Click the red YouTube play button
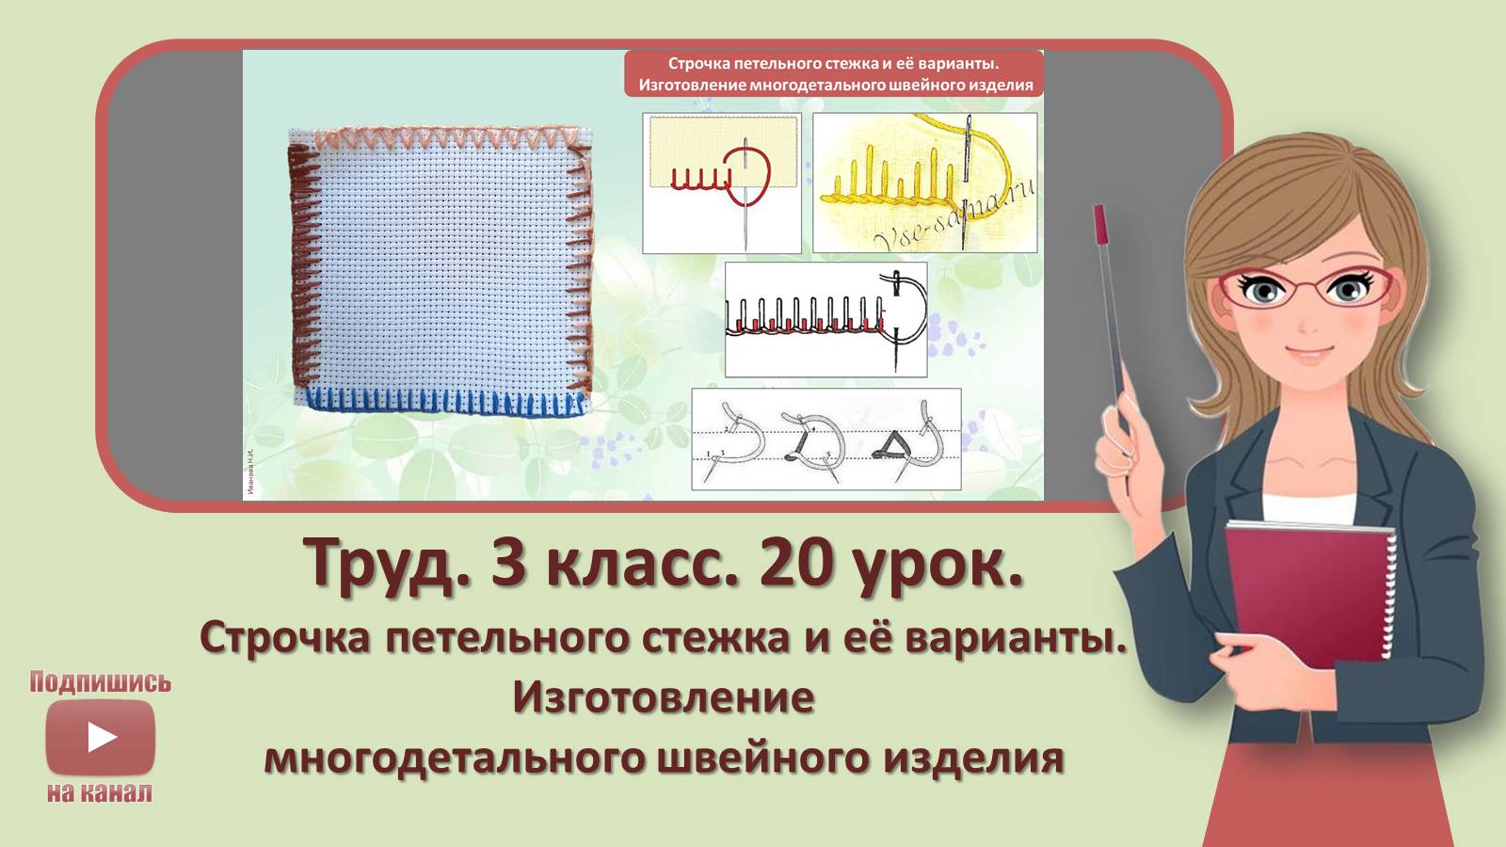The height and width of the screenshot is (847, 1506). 101,737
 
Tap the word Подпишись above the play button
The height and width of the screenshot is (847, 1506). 100,682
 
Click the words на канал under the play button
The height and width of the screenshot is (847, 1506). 100,792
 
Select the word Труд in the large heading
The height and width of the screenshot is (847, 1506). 386,564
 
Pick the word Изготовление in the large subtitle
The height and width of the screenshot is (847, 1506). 664,697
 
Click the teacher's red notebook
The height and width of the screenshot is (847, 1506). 1308,593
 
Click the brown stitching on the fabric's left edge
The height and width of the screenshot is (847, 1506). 299,264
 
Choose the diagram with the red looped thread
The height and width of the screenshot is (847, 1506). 722,184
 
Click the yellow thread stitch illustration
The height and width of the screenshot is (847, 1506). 924,184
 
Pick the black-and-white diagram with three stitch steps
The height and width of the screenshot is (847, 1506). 826,439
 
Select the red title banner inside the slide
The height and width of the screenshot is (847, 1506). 834,74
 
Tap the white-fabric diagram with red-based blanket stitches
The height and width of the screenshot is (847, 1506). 825,320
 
